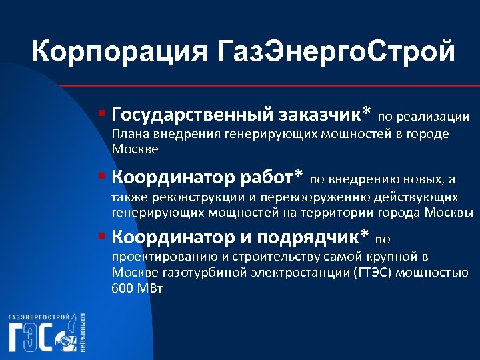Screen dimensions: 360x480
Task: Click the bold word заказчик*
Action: click(319, 115)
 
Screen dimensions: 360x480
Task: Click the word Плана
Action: click(128, 134)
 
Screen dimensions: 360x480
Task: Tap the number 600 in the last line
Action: click(123, 289)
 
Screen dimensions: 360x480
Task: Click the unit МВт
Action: click(150, 289)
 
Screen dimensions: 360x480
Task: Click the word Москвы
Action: click(450, 213)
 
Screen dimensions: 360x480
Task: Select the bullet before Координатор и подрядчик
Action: click(101, 236)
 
